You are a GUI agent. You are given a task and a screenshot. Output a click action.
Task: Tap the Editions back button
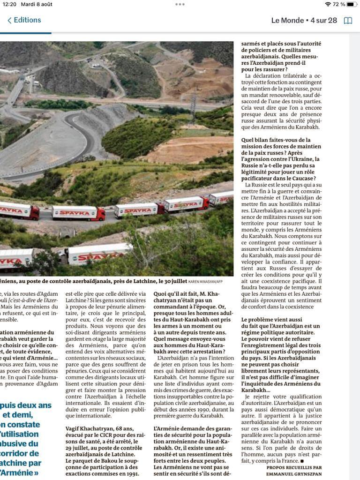click(x=24, y=20)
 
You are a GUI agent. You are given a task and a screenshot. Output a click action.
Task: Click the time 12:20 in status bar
click(x=9, y=4)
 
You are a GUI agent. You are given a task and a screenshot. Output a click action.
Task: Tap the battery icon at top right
click(x=352, y=4)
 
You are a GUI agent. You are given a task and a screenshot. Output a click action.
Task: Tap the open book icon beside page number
click(x=348, y=21)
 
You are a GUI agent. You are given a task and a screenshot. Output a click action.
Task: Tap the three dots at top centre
click(x=180, y=4)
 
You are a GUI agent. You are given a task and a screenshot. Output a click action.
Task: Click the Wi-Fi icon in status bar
click(x=328, y=4)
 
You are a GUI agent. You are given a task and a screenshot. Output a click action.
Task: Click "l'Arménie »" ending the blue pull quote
click(x=21, y=472)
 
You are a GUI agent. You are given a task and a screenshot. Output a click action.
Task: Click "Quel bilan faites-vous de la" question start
click(x=276, y=140)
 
